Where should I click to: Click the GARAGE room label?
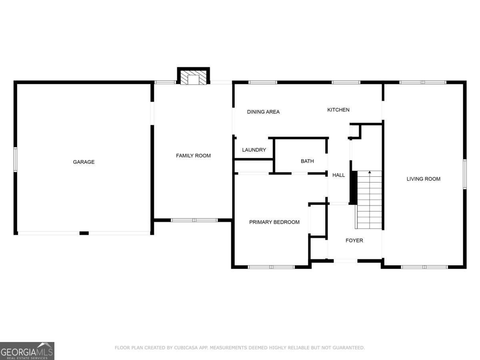click(84, 162)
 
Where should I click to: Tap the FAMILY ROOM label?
click(193, 156)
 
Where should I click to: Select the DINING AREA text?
click(263, 112)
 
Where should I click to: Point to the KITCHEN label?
click(338, 110)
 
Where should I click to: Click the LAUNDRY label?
click(254, 150)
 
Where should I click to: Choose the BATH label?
click(307, 161)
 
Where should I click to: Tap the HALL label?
click(338, 175)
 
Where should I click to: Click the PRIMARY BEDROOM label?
click(274, 222)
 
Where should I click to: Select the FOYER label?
click(354, 240)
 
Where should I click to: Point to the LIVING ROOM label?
click(423, 179)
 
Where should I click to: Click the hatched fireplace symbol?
click(193, 77)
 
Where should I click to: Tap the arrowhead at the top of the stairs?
click(370, 172)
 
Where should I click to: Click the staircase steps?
click(368, 200)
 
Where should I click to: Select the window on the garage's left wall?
click(15, 160)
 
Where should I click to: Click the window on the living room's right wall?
click(465, 174)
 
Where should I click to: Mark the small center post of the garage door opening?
click(84, 233)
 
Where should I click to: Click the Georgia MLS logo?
click(27, 351)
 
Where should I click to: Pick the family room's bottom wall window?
click(194, 220)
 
